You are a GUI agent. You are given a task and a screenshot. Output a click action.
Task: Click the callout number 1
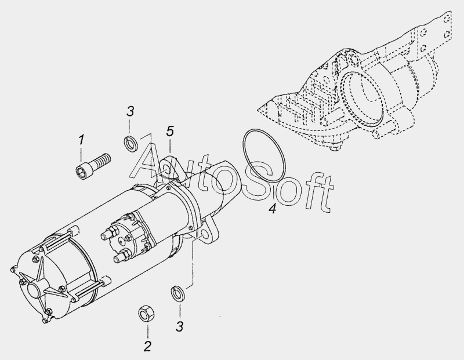tap(81, 140)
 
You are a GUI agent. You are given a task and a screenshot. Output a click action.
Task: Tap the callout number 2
tap(147, 346)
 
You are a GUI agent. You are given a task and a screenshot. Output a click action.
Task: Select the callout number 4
tap(273, 209)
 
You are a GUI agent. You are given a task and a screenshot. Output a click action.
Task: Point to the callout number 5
tap(170, 131)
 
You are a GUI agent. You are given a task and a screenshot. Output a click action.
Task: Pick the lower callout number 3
tap(180, 326)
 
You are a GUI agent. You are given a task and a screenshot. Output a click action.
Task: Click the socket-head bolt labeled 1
tap(92, 165)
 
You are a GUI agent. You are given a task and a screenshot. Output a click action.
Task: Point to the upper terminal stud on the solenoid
tap(108, 233)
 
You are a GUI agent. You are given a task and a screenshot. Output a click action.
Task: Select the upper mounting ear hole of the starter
tap(167, 170)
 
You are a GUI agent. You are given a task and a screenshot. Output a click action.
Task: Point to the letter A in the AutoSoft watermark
tap(150, 161)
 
